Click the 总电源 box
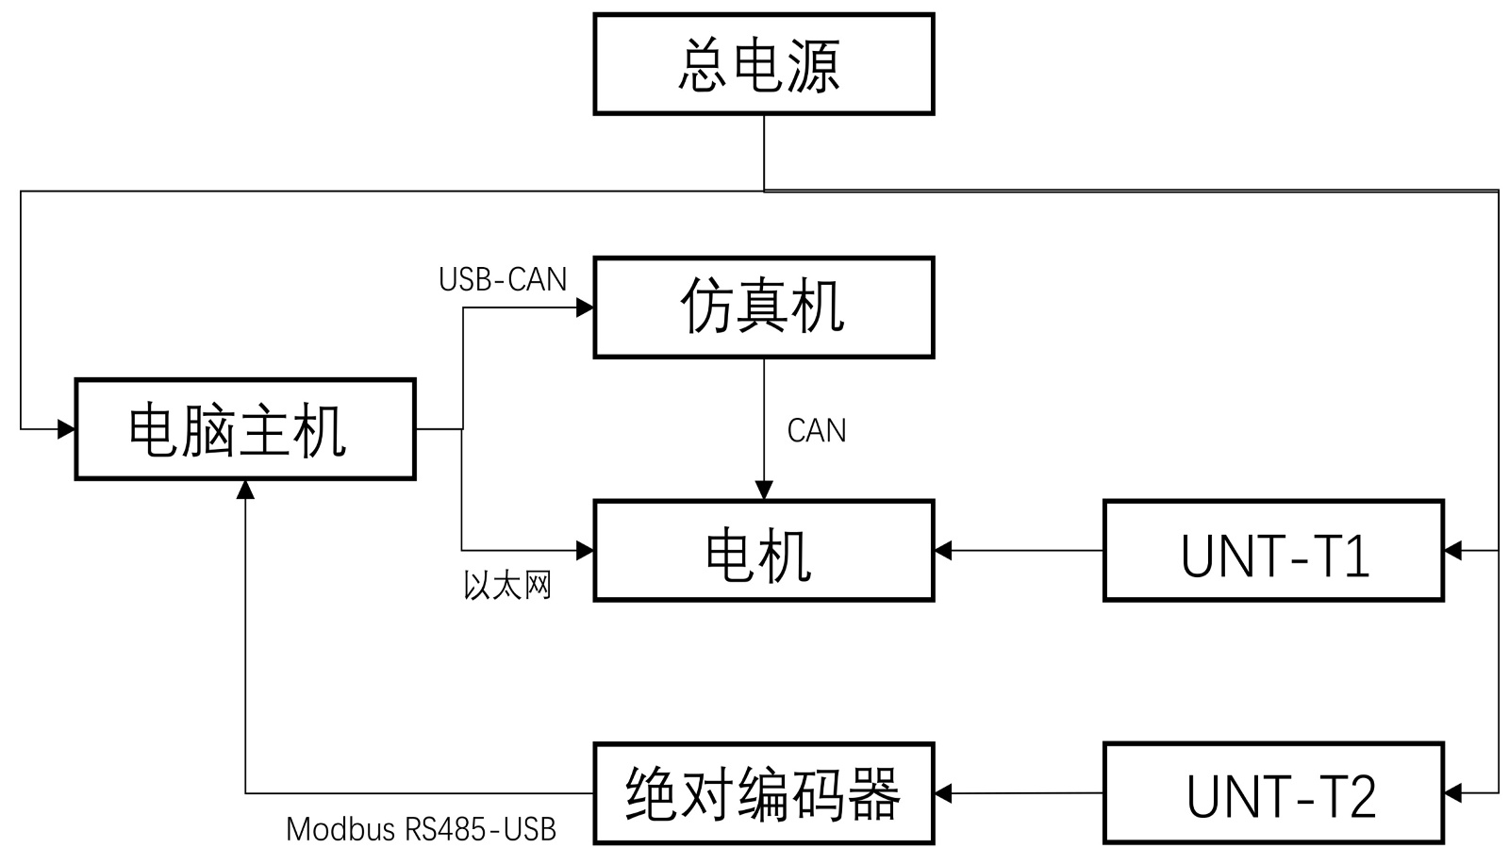click(763, 64)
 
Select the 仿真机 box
click(763, 308)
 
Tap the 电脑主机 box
click(245, 429)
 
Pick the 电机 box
click(763, 551)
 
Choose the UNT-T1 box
click(1273, 551)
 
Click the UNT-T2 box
click(1273, 793)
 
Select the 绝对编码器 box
click(763, 793)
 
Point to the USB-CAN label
click(503, 279)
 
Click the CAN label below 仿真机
click(817, 431)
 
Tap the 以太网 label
click(507, 586)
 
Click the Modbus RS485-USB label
click(421, 829)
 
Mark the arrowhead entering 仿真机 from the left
click(586, 308)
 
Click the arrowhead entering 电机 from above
click(764, 491)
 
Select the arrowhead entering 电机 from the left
click(586, 550)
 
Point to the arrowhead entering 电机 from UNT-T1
click(942, 550)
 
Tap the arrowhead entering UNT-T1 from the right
click(1452, 550)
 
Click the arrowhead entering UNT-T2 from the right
click(1452, 792)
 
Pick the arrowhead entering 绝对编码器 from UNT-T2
click(942, 793)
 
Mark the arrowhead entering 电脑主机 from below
click(245, 489)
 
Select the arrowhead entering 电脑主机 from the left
click(67, 429)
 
